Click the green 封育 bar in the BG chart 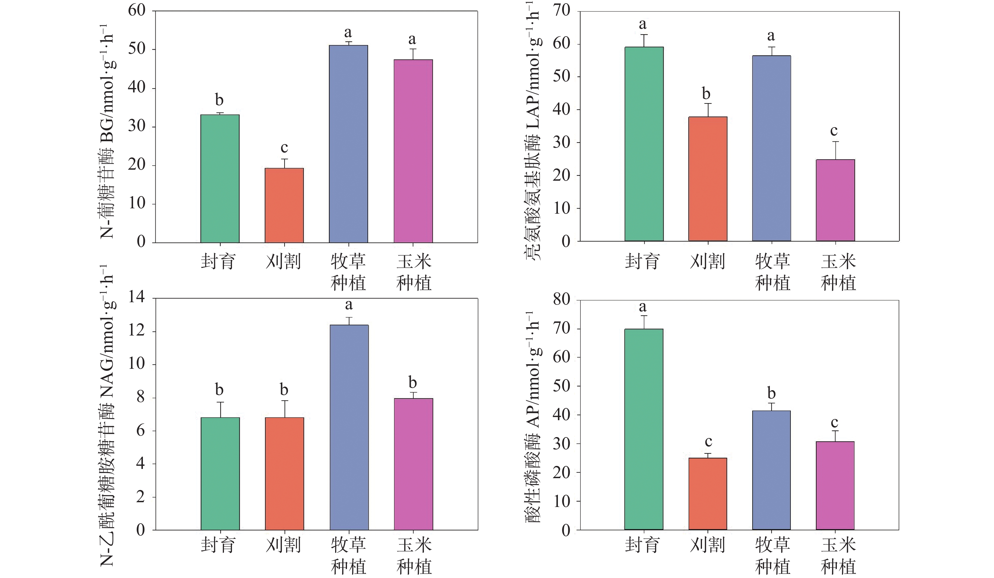point(220,178)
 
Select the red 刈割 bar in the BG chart point(284,205)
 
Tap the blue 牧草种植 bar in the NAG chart point(349,427)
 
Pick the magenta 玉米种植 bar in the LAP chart point(835,200)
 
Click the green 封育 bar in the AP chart point(644,429)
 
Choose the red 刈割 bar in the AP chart point(708,494)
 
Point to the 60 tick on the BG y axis point(137,11)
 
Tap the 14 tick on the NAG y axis point(137,297)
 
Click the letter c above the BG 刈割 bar point(284,148)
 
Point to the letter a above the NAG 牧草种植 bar point(349,305)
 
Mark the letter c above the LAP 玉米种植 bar point(834,130)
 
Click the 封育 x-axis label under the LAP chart point(642,262)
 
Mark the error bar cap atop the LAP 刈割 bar point(709,103)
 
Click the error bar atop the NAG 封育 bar point(220,409)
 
